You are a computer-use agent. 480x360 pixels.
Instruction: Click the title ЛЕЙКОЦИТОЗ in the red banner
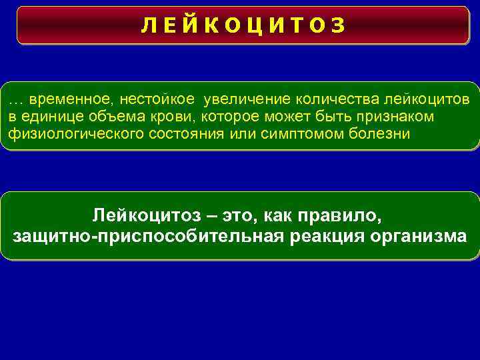[x=243, y=25]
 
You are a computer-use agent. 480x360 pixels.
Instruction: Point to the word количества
[x=338, y=100]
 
